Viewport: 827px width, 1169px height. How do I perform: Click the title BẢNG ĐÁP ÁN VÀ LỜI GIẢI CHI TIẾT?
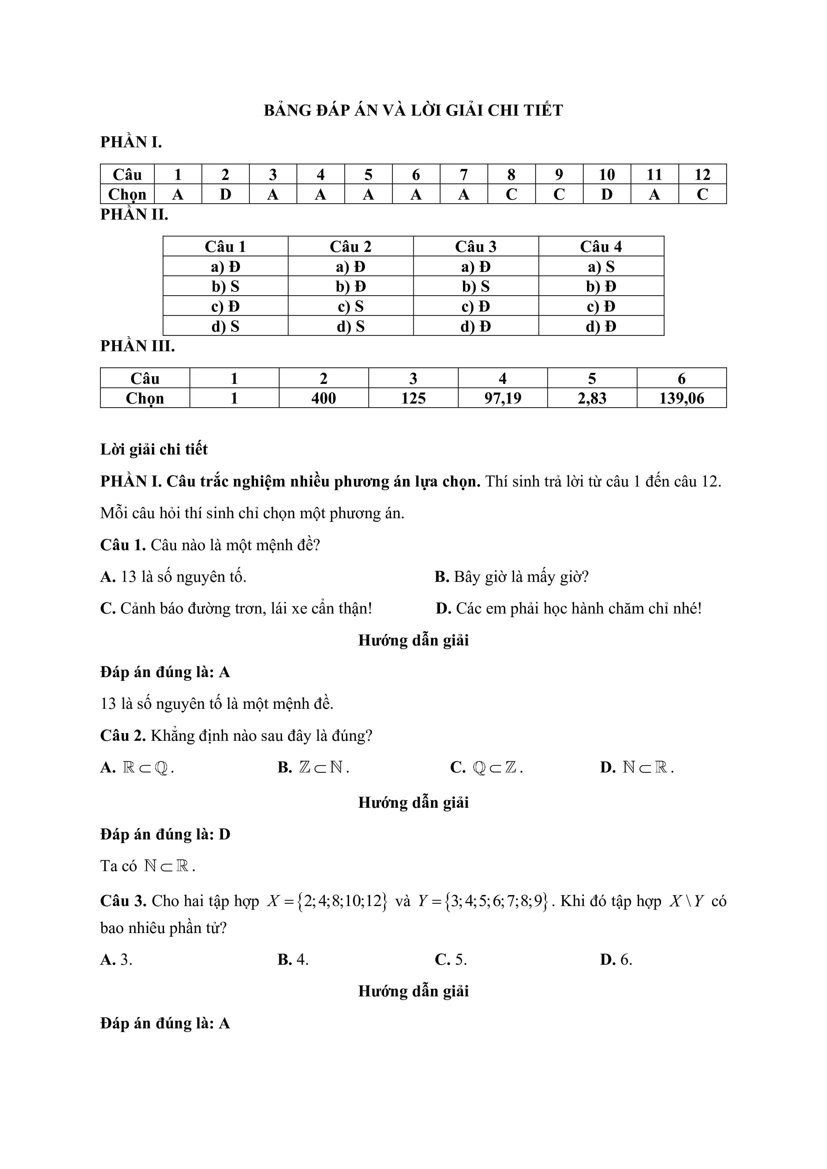coord(413,111)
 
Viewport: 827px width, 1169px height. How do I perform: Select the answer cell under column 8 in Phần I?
coord(511,194)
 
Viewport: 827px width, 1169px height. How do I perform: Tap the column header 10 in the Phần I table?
coord(607,175)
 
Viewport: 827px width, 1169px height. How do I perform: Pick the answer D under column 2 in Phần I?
coord(225,194)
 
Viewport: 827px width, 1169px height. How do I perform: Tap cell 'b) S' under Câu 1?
coord(225,287)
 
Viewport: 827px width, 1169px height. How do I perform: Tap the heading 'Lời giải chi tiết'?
coord(154,449)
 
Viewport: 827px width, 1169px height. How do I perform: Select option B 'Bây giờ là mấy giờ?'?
coord(511,577)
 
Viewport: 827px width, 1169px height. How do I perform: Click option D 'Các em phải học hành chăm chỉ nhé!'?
coord(568,608)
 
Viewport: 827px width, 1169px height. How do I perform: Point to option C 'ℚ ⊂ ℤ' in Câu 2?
coord(487,767)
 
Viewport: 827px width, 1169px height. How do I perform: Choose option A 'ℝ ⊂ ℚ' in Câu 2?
coord(137,767)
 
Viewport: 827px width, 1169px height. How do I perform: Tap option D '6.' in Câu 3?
coord(616,960)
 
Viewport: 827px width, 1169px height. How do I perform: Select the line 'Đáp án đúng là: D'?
coord(165,834)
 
